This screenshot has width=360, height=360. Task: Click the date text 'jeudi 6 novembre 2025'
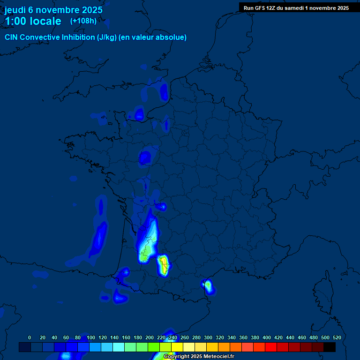(53, 10)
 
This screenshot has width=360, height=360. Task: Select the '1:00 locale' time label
(33, 21)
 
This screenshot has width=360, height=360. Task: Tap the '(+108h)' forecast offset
(83, 21)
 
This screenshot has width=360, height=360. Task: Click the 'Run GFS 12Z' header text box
(296, 7)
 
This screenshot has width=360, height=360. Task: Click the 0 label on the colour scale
(30, 337)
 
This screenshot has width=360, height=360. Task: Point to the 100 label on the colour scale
(90, 337)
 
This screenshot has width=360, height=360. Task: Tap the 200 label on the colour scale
(149, 337)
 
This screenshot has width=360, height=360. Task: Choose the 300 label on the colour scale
(208, 337)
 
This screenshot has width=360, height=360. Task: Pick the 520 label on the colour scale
(337, 337)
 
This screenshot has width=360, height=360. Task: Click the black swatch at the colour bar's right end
(330, 347)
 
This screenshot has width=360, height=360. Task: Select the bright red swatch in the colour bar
(271, 347)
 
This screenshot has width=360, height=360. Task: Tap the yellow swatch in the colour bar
(177, 347)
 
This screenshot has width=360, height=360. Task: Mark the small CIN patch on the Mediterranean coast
(208, 285)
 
